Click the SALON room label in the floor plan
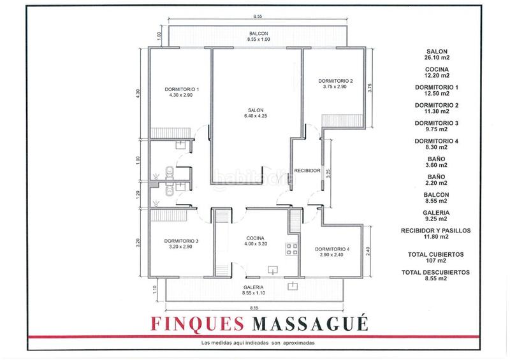point(256,110)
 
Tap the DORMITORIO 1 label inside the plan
point(182,89)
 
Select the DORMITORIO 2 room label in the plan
point(335,81)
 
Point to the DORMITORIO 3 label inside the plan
point(181,241)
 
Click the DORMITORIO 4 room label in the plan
point(332,249)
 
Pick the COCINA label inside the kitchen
point(256,238)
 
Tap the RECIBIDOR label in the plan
point(307,170)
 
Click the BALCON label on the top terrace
point(259,34)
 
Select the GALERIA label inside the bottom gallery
point(253,287)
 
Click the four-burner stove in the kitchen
point(292,248)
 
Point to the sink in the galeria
point(293,286)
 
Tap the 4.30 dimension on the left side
point(138,94)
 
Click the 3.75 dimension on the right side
point(370,88)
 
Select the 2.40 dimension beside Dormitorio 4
point(368,252)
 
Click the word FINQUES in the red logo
point(197,324)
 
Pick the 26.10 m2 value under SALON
point(437,57)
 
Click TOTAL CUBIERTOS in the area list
point(436,255)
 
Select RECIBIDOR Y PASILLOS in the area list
point(435,231)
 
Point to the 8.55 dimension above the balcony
point(258,17)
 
